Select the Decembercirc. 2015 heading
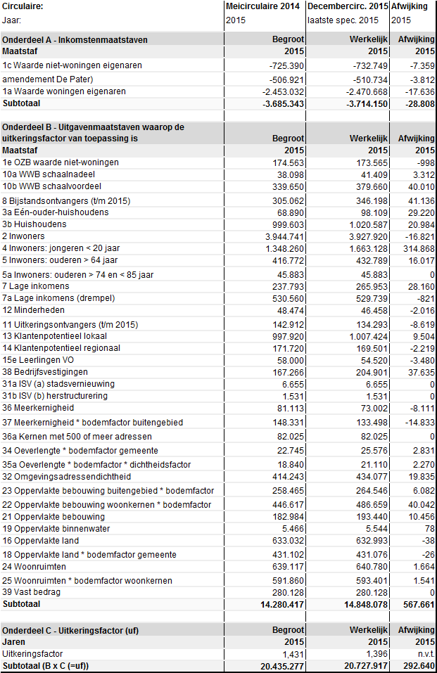click(x=348, y=6)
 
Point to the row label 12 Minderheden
click(x=34, y=310)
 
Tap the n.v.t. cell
click(x=423, y=654)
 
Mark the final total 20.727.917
click(x=363, y=666)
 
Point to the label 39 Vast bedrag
click(x=32, y=592)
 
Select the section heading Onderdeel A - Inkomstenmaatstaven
click(x=75, y=40)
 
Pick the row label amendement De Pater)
click(x=48, y=79)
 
